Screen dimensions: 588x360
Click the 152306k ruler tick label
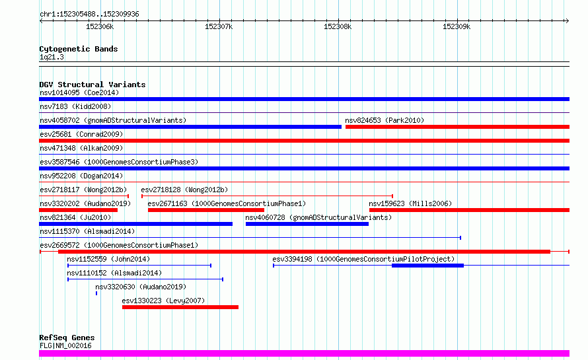point(100,26)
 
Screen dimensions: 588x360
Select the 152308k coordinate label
point(338,26)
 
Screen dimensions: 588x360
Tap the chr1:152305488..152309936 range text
point(89,15)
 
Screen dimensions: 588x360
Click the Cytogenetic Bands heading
point(79,49)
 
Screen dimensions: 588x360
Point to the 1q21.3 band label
point(52,57)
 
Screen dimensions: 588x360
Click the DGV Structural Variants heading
point(92,85)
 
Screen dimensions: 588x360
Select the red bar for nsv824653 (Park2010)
point(457,127)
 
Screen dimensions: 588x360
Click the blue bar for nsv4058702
point(190,127)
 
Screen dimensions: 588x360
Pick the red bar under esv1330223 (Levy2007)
point(180,307)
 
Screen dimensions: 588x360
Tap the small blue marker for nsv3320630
point(96,293)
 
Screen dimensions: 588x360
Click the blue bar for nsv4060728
point(307,224)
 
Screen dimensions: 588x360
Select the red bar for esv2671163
point(206,210)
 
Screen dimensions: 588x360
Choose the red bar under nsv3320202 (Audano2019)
point(79,210)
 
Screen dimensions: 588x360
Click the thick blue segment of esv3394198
point(428,266)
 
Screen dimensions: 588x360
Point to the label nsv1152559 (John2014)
point(108,259)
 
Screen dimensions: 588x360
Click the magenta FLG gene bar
point(304,353)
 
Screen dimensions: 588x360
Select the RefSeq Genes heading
point(67,338)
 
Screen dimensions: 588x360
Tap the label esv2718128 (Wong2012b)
point(184,190)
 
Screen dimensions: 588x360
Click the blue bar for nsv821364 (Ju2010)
point(135,224)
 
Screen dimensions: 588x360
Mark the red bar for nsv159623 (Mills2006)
point(470,210)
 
